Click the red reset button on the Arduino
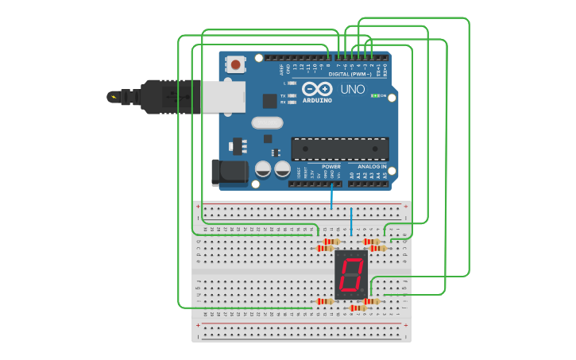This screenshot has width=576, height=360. pos(235,64)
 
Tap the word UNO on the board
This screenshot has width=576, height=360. pos(353,90)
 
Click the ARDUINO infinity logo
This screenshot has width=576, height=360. pos(316,90)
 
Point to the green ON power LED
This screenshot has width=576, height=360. pos(375,95)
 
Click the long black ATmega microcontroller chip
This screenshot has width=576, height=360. pos(340,149)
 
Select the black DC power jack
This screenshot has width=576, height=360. pos(228,172)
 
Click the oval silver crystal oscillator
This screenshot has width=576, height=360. pos(267,122)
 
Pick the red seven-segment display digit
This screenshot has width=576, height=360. pos(351,275)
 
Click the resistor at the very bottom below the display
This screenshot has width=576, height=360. pos(358,308)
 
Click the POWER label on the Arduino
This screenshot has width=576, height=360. pos(331,167)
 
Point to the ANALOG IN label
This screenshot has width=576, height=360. pos(372,167)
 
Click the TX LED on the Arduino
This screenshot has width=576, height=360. pos(292,95)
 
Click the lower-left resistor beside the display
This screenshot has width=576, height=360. pos(324,301)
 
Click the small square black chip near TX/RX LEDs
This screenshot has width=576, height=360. pos(270,101)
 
